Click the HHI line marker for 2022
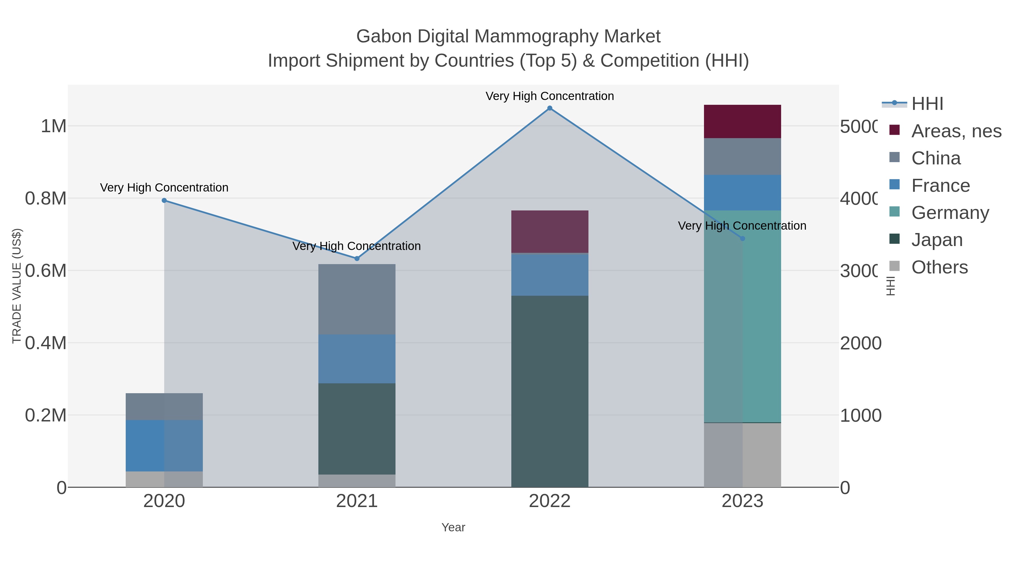pyautogui.click(x=549, y=108)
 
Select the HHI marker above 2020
pyautogui.click(x=164, y=201)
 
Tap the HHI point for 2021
pyautogui.click(x=357, y=258)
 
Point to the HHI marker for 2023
pyautogui.click(x=742, y=238)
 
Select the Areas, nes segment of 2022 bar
pyautogui.click(x=549, y=232)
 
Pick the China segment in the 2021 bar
pyautogui.click(x=357, y=299)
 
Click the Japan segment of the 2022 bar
pyautogui.click(x=549, y=391)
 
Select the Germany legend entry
pyautogui.click(x=949, y=213)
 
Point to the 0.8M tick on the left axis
pyautogui.click(x=46, y=199)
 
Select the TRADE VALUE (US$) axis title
pyautogui.click(x=17, y=286)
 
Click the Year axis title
pyautogui.click(x=453, y=527)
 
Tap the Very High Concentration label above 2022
pyautogui.click(x=549, y=96)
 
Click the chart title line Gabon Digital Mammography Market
pyautogui.click(x=508, y=36)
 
